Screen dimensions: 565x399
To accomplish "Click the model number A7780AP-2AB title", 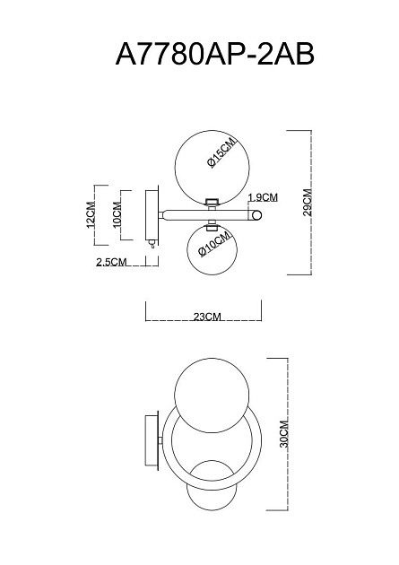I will [x=215, y=56].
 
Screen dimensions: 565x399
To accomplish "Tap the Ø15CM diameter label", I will [x=221, y=152].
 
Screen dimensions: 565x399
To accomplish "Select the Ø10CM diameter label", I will [x=216, y=246].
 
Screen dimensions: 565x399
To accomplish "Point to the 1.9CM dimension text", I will [x=261, y=197].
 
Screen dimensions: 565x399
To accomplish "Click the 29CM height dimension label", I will [x=307, y=203].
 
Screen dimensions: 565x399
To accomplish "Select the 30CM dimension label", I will [x=283, y=433].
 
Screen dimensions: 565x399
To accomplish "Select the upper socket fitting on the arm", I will [x=213, y=202].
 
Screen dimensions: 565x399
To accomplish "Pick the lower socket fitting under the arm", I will [x=213, y=225].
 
